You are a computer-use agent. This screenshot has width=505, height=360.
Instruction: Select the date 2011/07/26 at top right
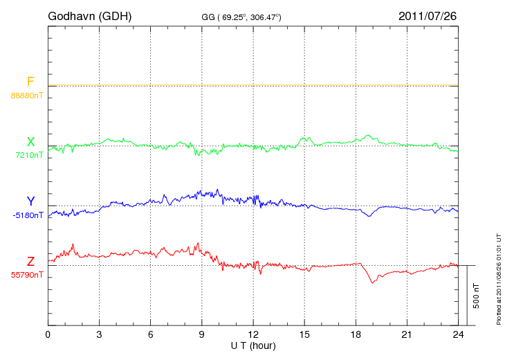[x=428, y=15]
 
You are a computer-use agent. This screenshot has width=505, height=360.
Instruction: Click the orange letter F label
[x=30, y=82]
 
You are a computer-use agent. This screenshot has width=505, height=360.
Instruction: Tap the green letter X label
[x=30, y=143]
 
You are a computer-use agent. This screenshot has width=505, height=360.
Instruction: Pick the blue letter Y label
[x=30, y=202]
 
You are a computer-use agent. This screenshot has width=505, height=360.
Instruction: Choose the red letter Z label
[x=30, y=262]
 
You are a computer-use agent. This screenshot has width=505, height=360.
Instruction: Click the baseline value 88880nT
[x=26, y=95]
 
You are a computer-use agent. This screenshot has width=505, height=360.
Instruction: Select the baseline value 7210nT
[x=28, y=155]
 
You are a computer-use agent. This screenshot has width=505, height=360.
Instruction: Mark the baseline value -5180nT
[x=28, y=215]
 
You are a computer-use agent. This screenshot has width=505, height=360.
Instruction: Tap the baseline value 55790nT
[x=26, y=275]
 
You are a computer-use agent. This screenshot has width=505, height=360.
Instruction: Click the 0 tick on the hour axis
[x=48, y=335]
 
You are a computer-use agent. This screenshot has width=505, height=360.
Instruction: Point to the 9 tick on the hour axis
[x=202, y=335]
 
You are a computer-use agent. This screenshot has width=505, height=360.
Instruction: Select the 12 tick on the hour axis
[x=253, y=335]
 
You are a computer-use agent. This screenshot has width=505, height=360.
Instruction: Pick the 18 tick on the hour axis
[x=356, y=335]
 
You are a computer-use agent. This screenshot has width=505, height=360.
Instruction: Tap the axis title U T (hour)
[x=252, y=345]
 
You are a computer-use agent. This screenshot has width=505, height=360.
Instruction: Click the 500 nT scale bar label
[x=476, y=295]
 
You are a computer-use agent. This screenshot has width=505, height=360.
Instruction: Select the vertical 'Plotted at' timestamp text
[x=499, y=277]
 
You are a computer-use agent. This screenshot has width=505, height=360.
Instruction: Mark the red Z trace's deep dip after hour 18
[x=373, y=282]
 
